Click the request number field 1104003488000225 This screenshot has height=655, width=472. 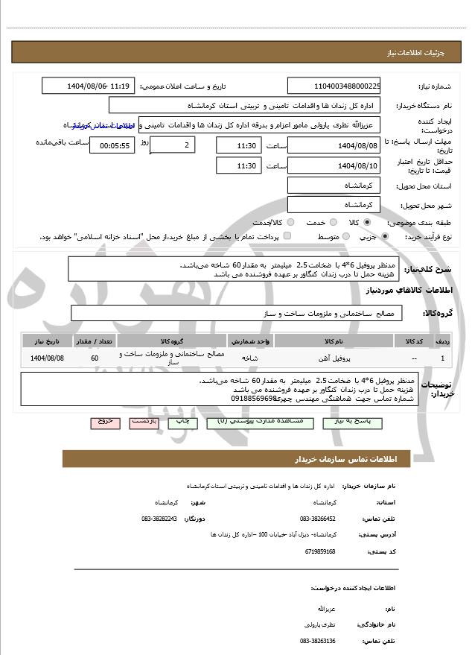334,86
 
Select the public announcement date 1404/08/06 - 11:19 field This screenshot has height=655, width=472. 88,86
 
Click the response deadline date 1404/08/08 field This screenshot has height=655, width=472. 334,145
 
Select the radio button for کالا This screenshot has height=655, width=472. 366,223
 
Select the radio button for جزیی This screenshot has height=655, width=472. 385,237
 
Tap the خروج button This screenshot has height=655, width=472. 105,422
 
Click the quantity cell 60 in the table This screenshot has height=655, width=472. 94,358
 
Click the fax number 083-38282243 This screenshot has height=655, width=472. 159,518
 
